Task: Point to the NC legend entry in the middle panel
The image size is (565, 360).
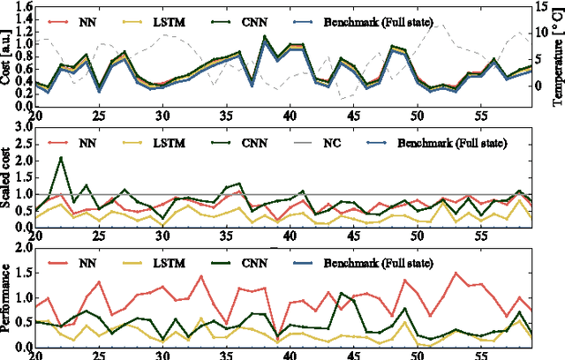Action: [343, 141]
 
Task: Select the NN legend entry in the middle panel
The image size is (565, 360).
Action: [75, 141]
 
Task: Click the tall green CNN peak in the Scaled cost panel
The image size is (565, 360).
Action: [61, 159]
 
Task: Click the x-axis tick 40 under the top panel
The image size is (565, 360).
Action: [290, 116]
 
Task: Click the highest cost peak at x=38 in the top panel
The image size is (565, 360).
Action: [265, 37]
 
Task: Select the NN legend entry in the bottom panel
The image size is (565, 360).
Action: [75, 261]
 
